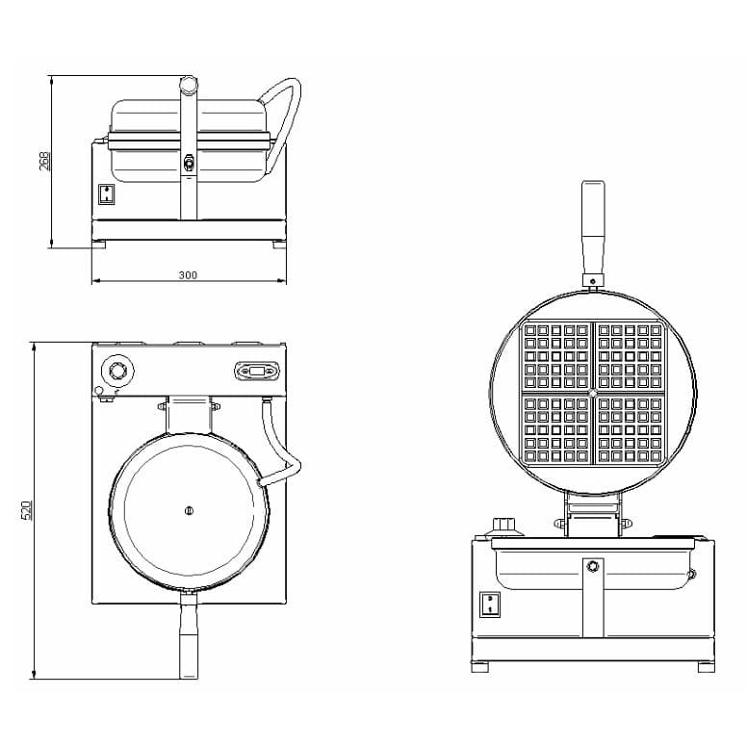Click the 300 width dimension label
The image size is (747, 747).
coord(188,275)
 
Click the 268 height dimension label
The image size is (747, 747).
coord(44,161)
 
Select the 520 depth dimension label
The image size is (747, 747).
coord(27,510)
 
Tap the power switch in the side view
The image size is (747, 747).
coord(107,194)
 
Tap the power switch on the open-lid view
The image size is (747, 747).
coord(489,605)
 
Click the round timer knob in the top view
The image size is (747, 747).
coord(117,370)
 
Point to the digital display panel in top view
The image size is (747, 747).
coord(257,371)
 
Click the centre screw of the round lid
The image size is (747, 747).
coord(189,511)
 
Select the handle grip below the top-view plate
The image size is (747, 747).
coord(189,634)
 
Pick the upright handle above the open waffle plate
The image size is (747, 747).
coord(593,229)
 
